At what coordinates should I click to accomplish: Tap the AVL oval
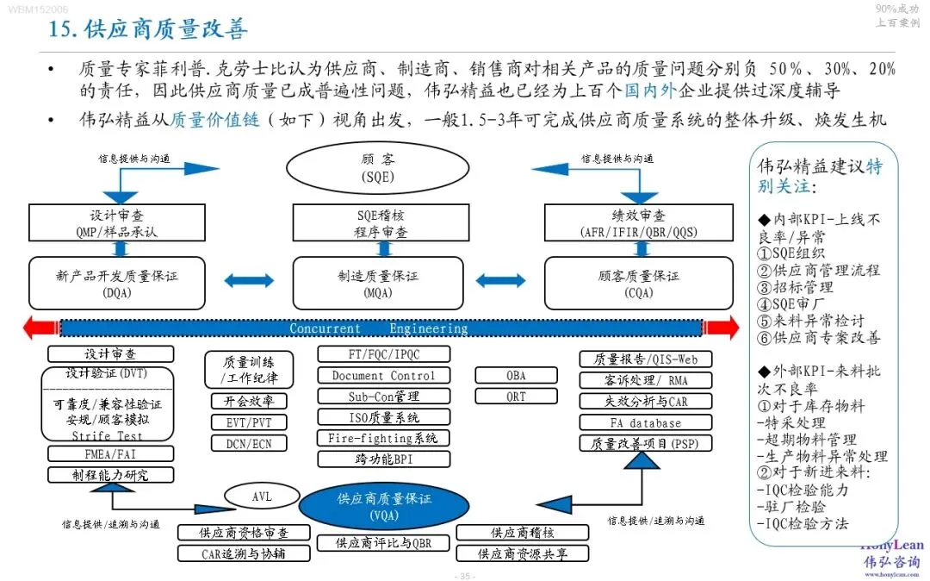coord(262,496)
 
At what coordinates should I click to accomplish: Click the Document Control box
coord(383,375)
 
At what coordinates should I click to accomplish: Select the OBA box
coord(516,376)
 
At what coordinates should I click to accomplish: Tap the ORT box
coord(516,397)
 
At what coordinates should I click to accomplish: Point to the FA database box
coord(645,422)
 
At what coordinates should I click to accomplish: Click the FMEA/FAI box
coord(110,453)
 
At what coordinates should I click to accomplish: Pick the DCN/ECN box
coord(249,443)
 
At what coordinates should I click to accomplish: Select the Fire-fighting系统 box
coord(383,438)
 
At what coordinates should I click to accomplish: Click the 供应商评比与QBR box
coord(383,543)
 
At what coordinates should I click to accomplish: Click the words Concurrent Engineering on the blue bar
coord(378,328)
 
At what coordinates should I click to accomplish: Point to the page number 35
coord(464,576)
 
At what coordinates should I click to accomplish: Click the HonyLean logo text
coord(892,545)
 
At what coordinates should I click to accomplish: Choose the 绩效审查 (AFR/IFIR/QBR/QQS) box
coord(638,222)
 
